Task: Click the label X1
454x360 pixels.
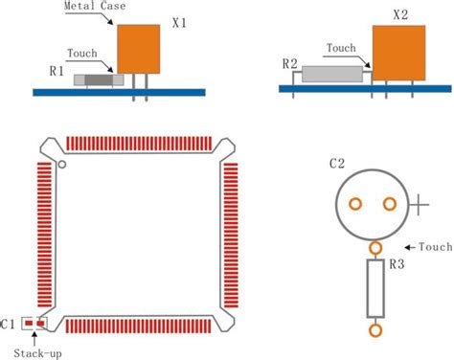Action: (x=178, y=21)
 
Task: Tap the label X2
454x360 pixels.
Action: (x=401, y=15)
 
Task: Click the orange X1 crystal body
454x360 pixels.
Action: (x=140, y=48)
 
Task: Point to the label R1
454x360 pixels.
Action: (x=57, y=71)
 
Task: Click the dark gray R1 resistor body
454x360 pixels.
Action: (x=100, y=82)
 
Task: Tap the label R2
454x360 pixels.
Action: (x=290, y=64)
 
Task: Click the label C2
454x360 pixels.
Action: (x=336, y=164)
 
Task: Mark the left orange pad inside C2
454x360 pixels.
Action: (x=354, y=203)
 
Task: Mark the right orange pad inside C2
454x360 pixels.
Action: (x=389, y=203)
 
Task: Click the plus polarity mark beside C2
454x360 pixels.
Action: (x=421, y=203)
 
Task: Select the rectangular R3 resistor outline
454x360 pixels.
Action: (x=375, y=289)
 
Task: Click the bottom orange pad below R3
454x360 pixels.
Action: (x=375, y=329)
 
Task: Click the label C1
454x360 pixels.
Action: (x=9, y=324)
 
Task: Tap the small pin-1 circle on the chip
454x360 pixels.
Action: (x=61, y=165)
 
